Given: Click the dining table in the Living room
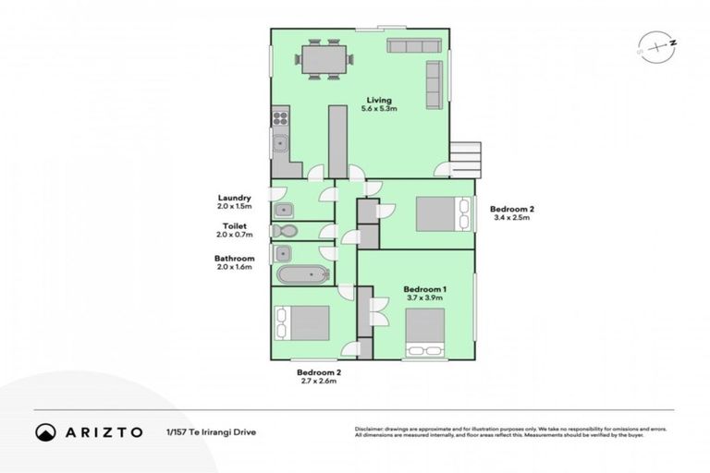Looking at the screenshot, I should pos(324,60).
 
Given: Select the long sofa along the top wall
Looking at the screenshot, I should pos(415,46).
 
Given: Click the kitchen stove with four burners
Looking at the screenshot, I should pos(280,117).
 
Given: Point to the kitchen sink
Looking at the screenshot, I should pos(279,142).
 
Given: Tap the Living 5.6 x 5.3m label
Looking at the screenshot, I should pos(379,104).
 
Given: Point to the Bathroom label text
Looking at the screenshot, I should pos(234,263).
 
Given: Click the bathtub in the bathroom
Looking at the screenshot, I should pos(300,274).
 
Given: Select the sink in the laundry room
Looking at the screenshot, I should pos(284,209).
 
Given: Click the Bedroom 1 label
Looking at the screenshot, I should pos(424,295).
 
